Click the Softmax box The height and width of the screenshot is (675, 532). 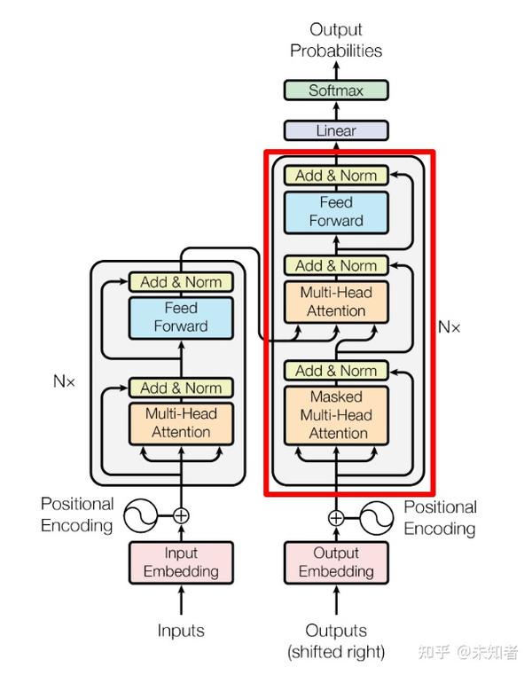tap(336, 90)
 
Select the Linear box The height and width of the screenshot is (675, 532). tap(336, 130)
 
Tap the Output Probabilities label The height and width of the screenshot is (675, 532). tap(336, 41)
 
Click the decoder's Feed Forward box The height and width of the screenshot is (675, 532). tap(336, 211)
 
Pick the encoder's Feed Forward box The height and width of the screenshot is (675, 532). tap(181, 317)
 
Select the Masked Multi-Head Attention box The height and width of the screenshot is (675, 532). tap(337, 415)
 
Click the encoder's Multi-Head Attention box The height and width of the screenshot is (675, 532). tap(181, 423)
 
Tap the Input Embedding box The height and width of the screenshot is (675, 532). tap(181, 562)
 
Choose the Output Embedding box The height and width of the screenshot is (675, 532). tap(336, 562)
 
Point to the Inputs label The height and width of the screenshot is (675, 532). tap(181, 631)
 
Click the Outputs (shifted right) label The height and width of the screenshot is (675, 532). tap(336, 640)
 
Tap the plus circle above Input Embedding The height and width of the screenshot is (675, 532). tap(181, 514)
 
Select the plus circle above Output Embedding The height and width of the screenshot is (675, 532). tap(336, 518)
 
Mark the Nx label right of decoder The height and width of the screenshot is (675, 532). tap(450, 326)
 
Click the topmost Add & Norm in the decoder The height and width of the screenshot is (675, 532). tap(336, 176)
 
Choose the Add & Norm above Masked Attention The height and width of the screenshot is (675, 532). tap(336, 371)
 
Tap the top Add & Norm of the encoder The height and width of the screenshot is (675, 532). tap(181, 282)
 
